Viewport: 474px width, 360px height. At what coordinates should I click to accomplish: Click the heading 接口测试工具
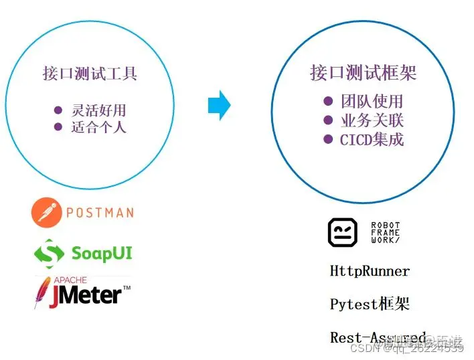90,74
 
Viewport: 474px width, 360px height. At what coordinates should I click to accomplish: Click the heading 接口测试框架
364,73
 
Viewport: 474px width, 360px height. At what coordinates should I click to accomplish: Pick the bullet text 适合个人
98,126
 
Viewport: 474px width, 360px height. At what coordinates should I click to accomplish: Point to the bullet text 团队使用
372,102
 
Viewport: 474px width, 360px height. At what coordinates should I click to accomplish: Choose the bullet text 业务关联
372,121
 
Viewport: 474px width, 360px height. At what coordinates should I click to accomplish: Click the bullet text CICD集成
372,140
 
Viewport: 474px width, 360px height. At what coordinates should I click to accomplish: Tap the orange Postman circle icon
46,213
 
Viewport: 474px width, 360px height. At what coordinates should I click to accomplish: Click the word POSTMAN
100,213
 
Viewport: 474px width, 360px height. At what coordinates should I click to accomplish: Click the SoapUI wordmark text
102,254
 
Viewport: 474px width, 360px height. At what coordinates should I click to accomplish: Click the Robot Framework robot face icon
342,232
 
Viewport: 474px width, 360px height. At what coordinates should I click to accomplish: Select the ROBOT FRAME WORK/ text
385,232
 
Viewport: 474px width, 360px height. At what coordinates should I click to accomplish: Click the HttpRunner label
370,271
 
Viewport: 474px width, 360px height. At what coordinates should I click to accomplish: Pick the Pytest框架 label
370,304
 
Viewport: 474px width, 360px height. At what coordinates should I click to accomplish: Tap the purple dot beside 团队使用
328,101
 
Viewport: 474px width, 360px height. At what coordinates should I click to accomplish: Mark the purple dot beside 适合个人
58,126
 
